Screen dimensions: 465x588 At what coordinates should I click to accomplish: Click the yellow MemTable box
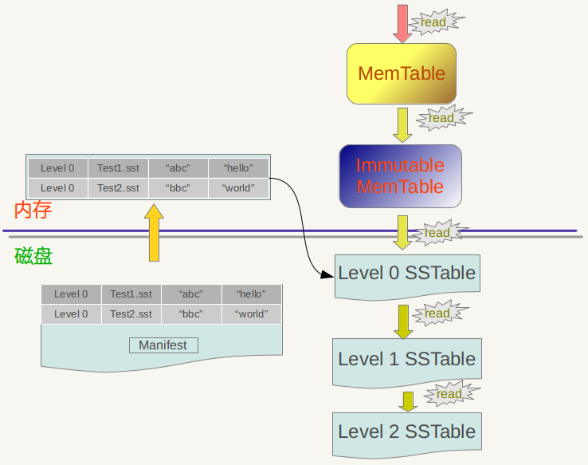(401, 73)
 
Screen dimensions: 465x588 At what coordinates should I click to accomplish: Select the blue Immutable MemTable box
(400, 176)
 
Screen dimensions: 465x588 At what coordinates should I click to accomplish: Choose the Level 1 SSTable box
(406, 360)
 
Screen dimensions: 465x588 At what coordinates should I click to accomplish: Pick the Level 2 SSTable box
(406, 432)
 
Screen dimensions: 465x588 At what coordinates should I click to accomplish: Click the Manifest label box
(163, 345)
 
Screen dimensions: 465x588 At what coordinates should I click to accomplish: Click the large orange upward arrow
(154, 232)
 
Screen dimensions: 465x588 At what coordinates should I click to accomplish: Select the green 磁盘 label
(33, 256)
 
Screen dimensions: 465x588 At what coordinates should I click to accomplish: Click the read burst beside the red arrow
(433, 22)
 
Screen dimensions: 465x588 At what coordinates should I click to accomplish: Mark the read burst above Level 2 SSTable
(449, 394)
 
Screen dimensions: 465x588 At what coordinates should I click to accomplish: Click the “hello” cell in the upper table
(238, 167)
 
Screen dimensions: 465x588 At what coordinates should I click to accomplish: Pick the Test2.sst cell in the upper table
(118, 188)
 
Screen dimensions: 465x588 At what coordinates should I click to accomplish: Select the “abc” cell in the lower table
(191, 294)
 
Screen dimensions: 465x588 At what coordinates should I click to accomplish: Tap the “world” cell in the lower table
(252, 314)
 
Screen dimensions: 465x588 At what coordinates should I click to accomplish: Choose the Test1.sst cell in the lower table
(131, 294)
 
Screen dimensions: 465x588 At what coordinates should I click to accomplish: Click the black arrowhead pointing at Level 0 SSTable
(327, 275)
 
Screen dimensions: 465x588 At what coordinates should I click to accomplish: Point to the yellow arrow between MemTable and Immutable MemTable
(402, 124)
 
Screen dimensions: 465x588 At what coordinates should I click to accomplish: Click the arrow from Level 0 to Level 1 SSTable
(402, 321)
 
